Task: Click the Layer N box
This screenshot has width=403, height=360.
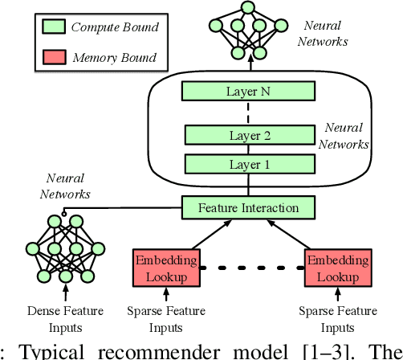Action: (247, 91)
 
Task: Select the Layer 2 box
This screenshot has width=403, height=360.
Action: (245, 136)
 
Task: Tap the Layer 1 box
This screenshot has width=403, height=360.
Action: (245, 165)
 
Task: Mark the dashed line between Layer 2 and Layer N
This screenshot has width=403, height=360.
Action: (245, 113)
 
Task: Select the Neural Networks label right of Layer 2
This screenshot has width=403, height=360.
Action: (344, 136)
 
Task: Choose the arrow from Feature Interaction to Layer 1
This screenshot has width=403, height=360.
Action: (245, 186)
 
